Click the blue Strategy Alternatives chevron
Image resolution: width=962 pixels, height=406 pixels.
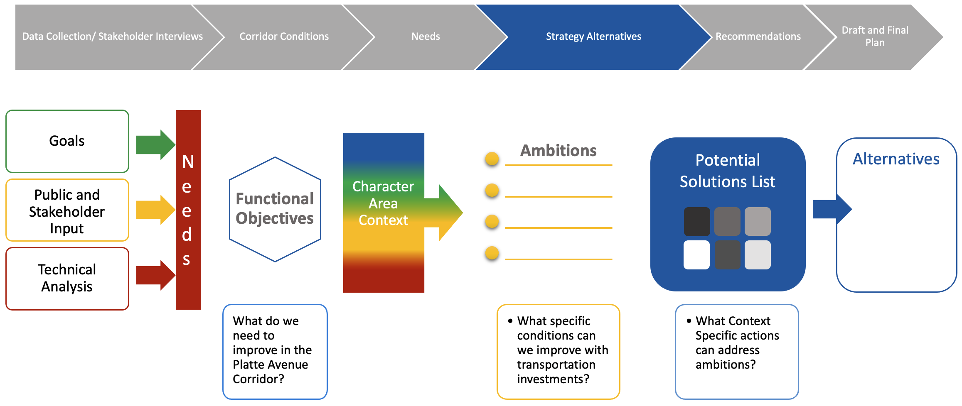(593, 37)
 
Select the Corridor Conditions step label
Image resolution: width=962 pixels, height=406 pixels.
(284, 37)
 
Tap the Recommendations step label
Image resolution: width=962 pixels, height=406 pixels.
(758, 37)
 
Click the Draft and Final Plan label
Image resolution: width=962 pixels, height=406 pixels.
(875, 36)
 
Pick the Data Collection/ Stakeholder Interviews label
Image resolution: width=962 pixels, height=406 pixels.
(113, 37)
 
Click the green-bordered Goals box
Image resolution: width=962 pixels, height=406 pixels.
(67, 141)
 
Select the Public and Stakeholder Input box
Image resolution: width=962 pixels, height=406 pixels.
(67, 210)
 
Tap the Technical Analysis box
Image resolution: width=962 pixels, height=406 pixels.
(67, 279)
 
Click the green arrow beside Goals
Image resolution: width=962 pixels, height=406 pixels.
(156, 145)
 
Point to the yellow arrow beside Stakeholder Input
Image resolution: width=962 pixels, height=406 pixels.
(156, 210)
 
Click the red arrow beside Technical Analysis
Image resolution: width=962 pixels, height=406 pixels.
(156, 275)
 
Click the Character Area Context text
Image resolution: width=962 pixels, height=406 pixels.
(383, 203)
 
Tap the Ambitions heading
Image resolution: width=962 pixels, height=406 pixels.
(559, 151)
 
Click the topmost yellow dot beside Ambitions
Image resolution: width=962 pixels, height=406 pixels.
(492, 159)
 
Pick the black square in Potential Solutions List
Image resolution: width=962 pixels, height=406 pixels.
(697, 222)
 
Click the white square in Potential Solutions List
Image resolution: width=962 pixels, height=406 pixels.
(697, 255)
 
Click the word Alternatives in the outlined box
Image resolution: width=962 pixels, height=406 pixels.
(896, 159)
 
